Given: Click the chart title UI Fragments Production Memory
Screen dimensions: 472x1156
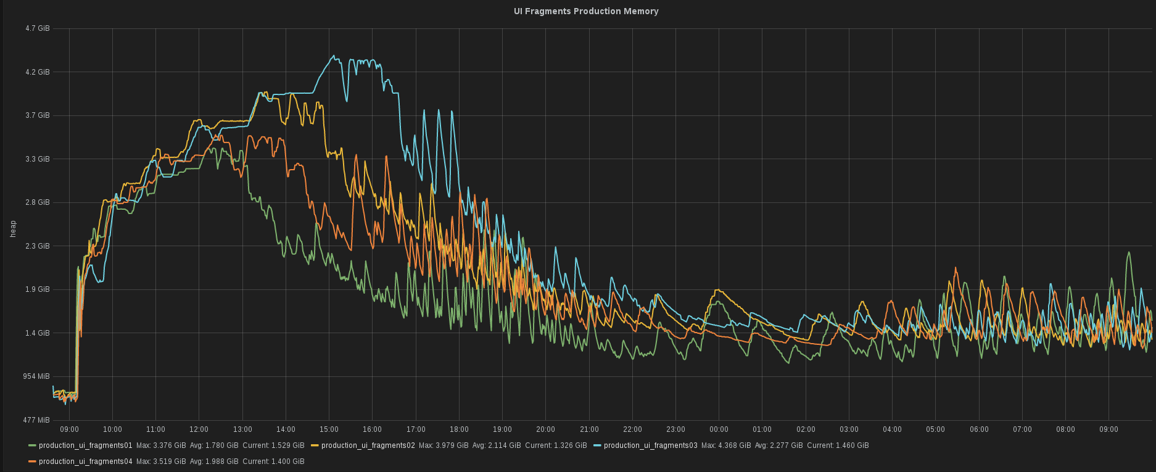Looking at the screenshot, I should tap(585, 11).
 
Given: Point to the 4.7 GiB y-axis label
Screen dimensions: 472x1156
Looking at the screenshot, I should tap(38, 28).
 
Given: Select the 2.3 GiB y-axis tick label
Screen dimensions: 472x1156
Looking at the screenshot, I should tap(38, 246).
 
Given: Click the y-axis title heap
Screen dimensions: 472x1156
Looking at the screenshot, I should tap(13, 229).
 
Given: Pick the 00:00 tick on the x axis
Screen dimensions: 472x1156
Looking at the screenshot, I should tap(719, 429).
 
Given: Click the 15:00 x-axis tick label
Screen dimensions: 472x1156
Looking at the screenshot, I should tap(329, 429).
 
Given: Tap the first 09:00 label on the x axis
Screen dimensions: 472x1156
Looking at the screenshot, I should tap(69, 429).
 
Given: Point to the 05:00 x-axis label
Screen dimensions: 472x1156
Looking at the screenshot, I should tap(935, 429).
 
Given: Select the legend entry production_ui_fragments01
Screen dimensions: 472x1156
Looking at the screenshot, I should tap(85, 445).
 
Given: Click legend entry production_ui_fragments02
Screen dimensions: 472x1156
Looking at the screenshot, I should tap(368, 445).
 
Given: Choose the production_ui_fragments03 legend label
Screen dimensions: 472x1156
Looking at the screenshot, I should tap(650, 445).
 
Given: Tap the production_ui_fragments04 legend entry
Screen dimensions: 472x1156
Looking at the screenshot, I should tap(85, 462).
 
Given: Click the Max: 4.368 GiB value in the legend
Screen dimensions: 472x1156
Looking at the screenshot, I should tap(726, 445).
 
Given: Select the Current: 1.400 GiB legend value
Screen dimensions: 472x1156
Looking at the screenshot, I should tap(273, 462).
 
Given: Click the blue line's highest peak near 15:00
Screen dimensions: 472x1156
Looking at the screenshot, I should tap(334, 56).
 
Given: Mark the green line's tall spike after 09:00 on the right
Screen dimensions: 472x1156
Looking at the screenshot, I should tap(1128, 252).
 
